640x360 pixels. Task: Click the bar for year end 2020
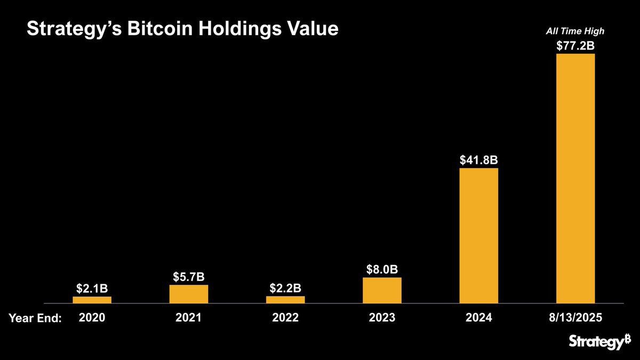click(92, 300)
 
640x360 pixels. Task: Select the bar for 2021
click(189, 294)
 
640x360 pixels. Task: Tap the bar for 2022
click(285, 300)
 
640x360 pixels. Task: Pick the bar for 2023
click(382, 290)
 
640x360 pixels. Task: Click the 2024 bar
click(478, 236)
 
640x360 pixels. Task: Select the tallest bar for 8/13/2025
click(575, 179)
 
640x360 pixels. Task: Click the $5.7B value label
click(189, 277)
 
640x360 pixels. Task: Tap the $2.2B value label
click(285, 288)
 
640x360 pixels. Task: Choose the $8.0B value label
click(382, 269)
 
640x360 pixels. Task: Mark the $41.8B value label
click(478, 160)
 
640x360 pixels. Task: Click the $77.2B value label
click(575, 46)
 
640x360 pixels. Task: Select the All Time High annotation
click(575, 31)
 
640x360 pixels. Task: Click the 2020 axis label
click(92, 318)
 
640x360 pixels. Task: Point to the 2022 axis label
click(285, 318)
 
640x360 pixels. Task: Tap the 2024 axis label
click(478, 318)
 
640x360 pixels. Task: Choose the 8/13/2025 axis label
click(575, 318)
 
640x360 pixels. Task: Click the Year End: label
click(35, 318)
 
